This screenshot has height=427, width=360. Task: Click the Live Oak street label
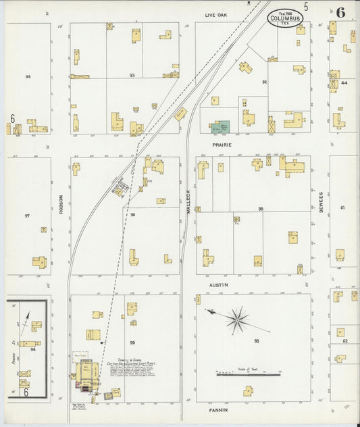217,14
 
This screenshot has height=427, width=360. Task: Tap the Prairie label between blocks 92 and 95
222,145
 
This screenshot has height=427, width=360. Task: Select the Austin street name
218,285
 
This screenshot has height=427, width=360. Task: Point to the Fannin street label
217,409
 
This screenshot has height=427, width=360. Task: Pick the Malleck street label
188,202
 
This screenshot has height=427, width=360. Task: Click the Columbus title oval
285,17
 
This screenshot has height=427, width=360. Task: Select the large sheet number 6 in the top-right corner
340,13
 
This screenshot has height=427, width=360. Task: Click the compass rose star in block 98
236,320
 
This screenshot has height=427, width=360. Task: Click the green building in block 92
220,127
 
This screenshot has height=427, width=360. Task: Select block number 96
133,215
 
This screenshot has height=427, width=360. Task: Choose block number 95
260,209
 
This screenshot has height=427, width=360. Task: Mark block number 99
133,343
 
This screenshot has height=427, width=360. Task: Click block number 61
343,207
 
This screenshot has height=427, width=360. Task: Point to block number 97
27,216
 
